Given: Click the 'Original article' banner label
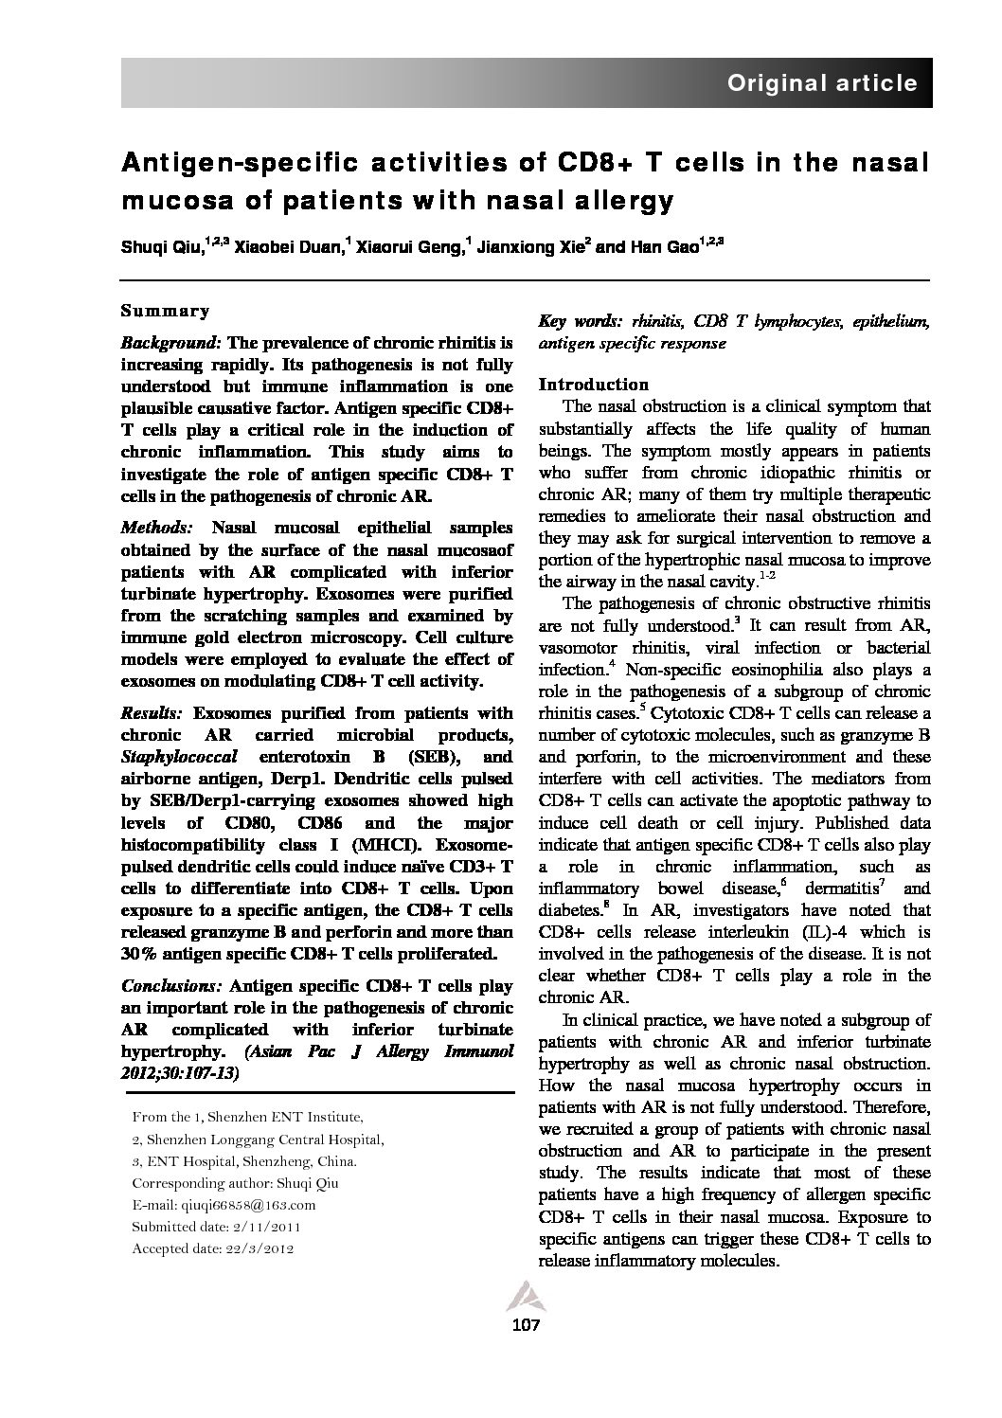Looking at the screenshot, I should coord(821,83).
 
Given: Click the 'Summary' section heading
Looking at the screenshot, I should coord(165,311).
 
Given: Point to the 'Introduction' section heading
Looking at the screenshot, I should coord(593,384).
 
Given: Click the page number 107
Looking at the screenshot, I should coord(525,1324).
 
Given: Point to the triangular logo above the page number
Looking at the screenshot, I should coord(524,1296).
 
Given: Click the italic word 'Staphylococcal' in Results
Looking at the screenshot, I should coord(177,757).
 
